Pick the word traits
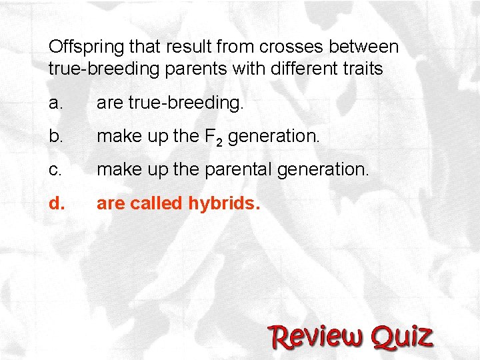(x=360, y=69)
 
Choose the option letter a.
(x=55, y=103)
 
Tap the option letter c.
(x=55, y=170)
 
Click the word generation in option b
(x=274, y=137)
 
